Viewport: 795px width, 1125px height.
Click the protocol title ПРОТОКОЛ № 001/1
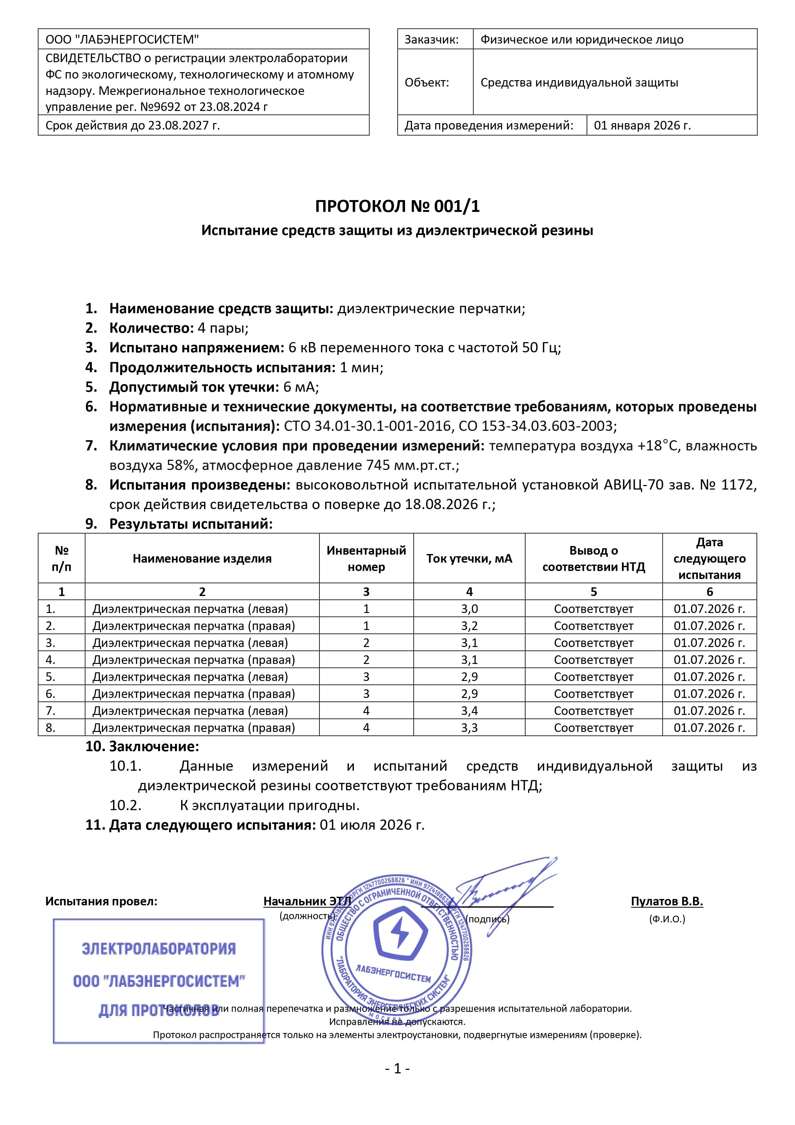(397, 206)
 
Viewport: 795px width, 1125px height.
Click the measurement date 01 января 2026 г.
(642, 125)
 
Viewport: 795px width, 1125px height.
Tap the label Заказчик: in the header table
(431, 40)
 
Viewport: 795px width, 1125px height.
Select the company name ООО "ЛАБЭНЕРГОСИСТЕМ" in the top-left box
(122, 40)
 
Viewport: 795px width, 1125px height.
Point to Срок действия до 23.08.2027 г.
(132, 125)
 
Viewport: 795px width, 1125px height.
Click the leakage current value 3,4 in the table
(469, 710)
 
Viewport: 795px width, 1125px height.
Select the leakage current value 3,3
(469, 728)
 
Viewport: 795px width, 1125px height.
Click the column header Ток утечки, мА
(469, 558)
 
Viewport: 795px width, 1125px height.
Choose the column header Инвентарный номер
(366, 558)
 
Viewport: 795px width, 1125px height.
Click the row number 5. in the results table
(50, 677)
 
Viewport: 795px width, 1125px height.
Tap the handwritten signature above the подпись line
(495, 889)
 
